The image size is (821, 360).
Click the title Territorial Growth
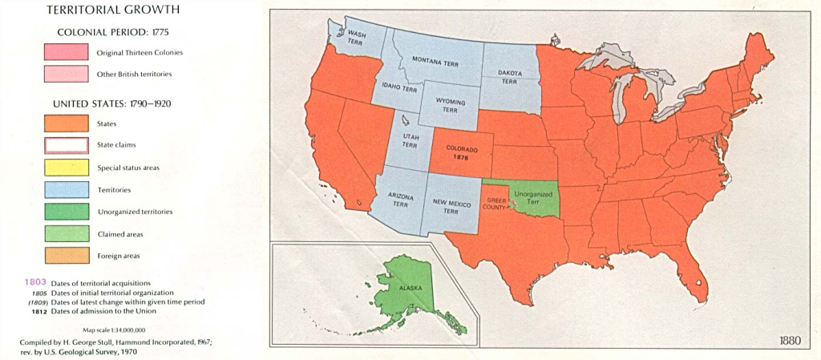click(x=111, y=11)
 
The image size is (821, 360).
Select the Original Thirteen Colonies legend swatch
click(x=66, y=52)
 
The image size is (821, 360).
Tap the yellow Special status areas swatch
click(x=66, y=168)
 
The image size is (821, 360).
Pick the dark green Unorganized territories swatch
click(x=66, y=212)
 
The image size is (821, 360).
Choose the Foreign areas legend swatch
click(x=66, y=256)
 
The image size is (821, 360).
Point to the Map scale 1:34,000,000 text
click(x=115, y=330)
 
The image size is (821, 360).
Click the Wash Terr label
click(x=356, y=37)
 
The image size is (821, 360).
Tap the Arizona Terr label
click(x=400, y=200)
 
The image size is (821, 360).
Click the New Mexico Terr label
click(x=451, y=208)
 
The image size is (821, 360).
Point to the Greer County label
click(x=494, y=204)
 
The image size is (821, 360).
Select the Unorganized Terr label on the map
click(x=533, y=197)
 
